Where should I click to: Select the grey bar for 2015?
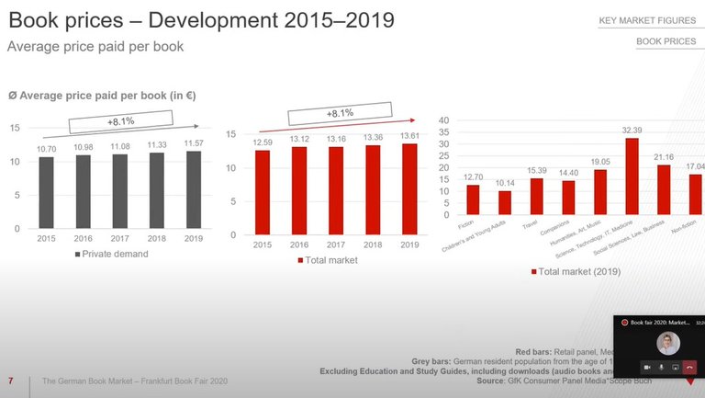pos(46,192)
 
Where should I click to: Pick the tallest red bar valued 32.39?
pos(632,176)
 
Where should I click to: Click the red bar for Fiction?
pos(473,199)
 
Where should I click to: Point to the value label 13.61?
pos(409,135)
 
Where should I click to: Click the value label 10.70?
pos(46,149)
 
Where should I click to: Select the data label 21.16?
pos(664,157)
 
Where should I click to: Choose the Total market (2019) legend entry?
pos(576,272)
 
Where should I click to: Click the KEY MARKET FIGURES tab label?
pos(646,20)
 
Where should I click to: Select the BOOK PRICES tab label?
pos(666,42)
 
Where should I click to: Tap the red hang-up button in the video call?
pos(690,367)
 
